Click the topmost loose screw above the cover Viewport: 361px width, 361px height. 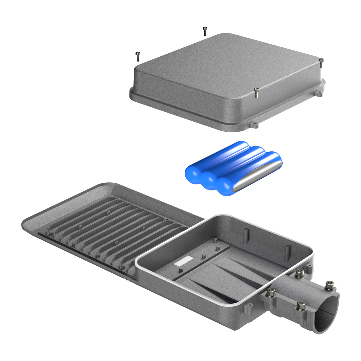click(x=205, y=31)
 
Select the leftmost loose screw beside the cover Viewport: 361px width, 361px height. click(x=138, y=56)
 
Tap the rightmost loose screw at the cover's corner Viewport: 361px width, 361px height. click(x=322, y=63)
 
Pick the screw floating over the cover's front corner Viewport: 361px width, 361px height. click(x=256, y=93)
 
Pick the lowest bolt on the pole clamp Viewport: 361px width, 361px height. click(x=301, y=305)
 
